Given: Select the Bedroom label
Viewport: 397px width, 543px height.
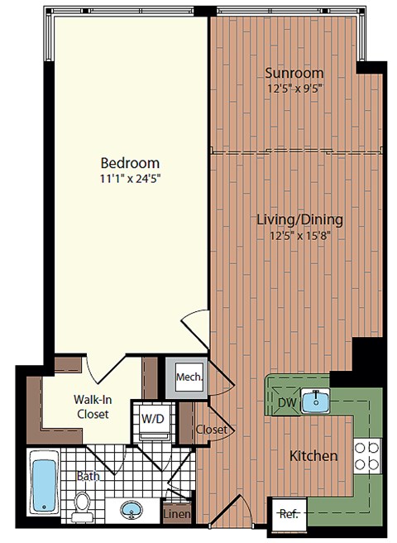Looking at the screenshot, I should [130, 162].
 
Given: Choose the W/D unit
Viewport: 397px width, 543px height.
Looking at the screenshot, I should [152, 418].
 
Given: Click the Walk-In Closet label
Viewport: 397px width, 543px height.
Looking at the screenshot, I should [92, 406].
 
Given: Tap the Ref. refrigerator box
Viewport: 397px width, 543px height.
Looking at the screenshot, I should [288, 513].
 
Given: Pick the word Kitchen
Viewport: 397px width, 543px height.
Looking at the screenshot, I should [313, 456].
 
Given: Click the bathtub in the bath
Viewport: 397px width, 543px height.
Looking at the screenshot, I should [44, 484].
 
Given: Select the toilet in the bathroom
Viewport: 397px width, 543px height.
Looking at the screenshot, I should [82, 505].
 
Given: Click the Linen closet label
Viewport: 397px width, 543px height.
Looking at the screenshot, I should [178, 515].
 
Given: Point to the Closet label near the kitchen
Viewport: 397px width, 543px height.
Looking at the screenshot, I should [211, 430].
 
